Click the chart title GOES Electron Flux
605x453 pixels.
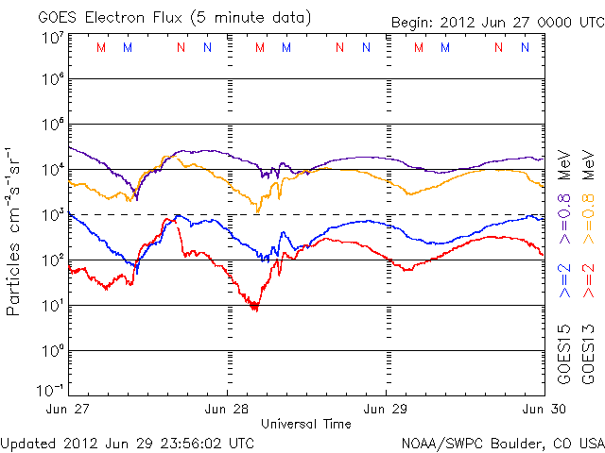(161, 18)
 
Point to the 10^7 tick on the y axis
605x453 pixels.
(51, 37)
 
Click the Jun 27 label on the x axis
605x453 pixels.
(69, 409)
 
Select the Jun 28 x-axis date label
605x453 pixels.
(228, 409)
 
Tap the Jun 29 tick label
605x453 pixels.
(387, 409)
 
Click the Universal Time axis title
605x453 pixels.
(306, 424)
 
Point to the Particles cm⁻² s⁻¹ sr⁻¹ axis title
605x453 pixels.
(15, 230)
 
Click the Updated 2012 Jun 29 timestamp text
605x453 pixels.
(128, 442)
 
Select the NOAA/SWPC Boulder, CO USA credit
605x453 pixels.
(502, 442)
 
